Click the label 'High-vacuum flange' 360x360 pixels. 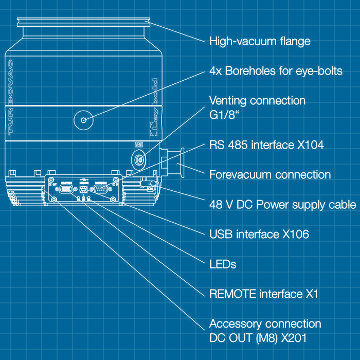pos(260,41)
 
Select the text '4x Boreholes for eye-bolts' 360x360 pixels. pos(276,71)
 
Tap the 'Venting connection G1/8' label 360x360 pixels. pos(257,107)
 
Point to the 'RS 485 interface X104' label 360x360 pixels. pos(266,145)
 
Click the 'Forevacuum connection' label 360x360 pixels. pos(270,175)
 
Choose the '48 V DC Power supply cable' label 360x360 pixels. pos(282,205)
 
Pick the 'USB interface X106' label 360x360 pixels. pos(259,235)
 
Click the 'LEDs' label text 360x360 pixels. pos(223,264)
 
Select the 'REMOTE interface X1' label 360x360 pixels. pos(264,294)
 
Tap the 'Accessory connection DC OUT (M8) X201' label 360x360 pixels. pos(265,331)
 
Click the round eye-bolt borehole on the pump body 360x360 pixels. pos(82,120)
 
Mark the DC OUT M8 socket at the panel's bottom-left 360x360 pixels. pos(53,199)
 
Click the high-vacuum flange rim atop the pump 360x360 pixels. pos(84,22)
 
